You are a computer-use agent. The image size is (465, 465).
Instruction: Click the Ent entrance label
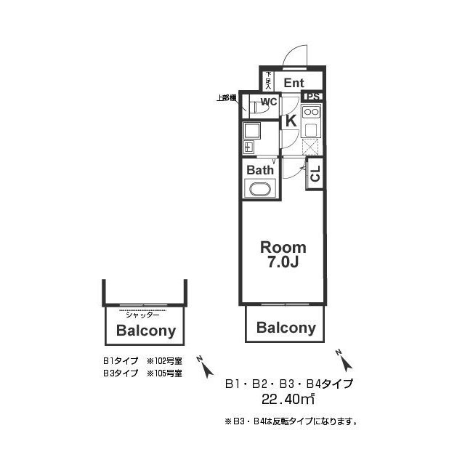coord(294,83)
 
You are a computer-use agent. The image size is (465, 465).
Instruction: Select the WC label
coord(269,101)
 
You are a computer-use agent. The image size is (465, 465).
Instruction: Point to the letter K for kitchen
coord(289,121)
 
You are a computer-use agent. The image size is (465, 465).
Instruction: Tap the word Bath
coord(260,170)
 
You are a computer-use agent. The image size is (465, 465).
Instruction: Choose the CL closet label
coord(315,174)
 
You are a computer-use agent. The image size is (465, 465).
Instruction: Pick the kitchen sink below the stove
coord(312,131)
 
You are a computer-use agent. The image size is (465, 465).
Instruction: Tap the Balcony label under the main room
coord(286,328)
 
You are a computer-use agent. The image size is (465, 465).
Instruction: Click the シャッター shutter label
coord(142,314)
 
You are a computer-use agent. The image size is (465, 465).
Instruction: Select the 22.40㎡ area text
coord(288,398)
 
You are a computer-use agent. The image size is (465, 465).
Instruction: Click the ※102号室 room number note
coord(164,360)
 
